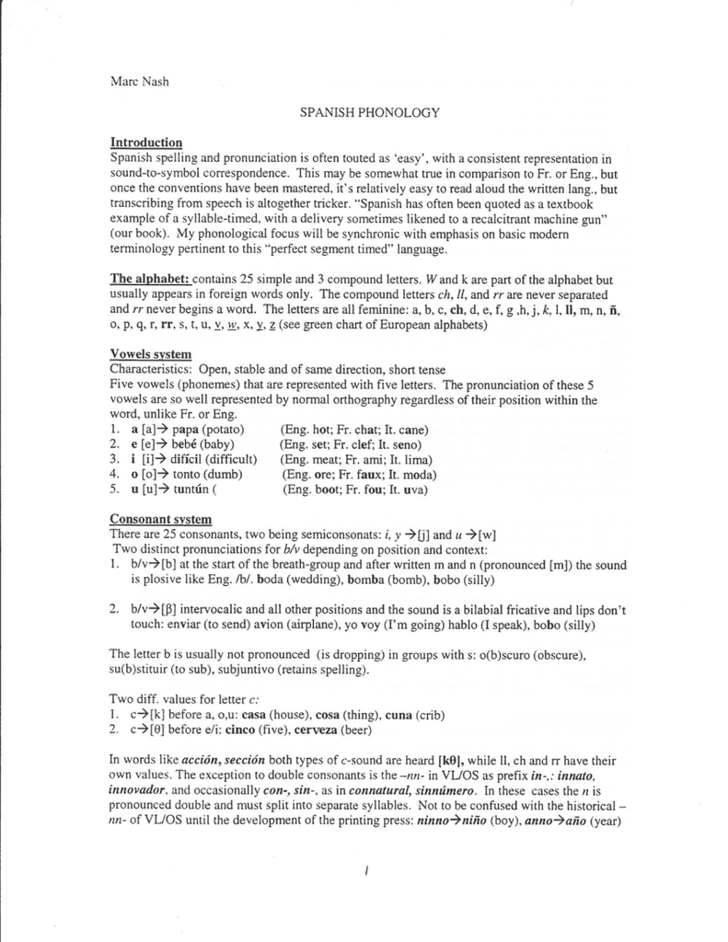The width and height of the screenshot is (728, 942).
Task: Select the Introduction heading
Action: pyautogui.click(x=146, y=143)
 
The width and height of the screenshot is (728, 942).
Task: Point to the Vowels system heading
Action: pyautogui.click(x=151, y=354)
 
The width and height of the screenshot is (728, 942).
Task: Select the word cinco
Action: pyautogui.click(x=235, y=730)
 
